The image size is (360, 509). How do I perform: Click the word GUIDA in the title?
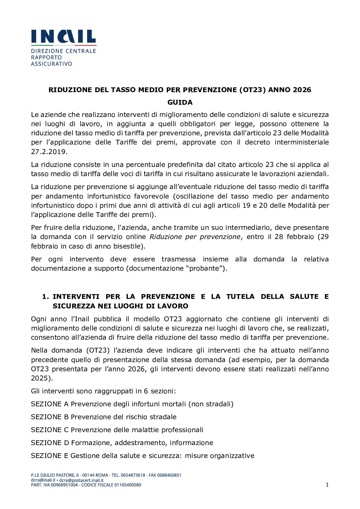click(180, 102)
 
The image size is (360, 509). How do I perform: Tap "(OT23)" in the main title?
click(252, 90)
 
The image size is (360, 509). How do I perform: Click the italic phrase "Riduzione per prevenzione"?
click(195, 237)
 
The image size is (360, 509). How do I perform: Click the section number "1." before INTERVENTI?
click(46, 296)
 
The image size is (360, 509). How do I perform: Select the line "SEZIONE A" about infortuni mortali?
click(132, 404)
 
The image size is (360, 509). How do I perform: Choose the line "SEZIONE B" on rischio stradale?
click(104, 417)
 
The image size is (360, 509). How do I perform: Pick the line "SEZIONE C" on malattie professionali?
click(117, 430)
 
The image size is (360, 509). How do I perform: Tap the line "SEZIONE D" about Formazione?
click(122, 443)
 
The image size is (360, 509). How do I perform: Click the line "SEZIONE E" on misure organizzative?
click(143, 456)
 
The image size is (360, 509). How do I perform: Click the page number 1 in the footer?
click(327, 485)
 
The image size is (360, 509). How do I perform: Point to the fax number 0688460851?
click(169, 475)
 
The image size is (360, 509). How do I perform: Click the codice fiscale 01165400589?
click(128, 485)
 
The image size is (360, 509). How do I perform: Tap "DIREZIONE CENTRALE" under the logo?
click(63, 51)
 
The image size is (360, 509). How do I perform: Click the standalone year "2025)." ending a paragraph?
click(42, 378)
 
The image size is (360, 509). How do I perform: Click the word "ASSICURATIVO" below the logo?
click(51, 64)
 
